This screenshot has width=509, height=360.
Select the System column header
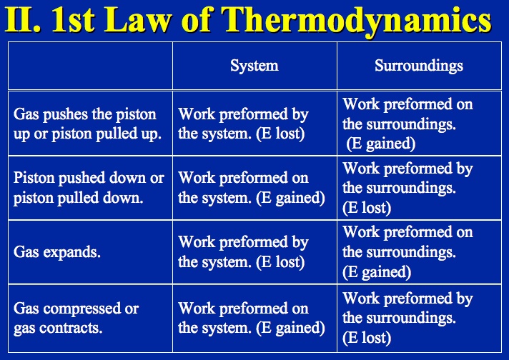[x=254, y=66]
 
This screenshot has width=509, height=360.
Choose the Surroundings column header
[x=419, y=66]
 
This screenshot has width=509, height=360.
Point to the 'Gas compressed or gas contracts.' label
[x=76, y=318]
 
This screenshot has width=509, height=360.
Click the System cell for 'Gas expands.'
[x=243, y=252]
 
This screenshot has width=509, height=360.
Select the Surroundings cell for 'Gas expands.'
[x=407, y=252]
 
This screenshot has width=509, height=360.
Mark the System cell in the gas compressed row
[x=251, y=318]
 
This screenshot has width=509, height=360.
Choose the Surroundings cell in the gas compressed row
[x=407, y=318]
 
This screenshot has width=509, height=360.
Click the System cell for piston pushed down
[x=251, y=187]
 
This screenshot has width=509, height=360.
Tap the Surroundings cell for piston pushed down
[x=407, y=188]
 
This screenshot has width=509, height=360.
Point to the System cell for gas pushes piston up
[x=243, y=123]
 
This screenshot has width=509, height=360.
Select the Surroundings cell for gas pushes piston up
[x=407, y=123]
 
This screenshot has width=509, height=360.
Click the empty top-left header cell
[x=90, y=66]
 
